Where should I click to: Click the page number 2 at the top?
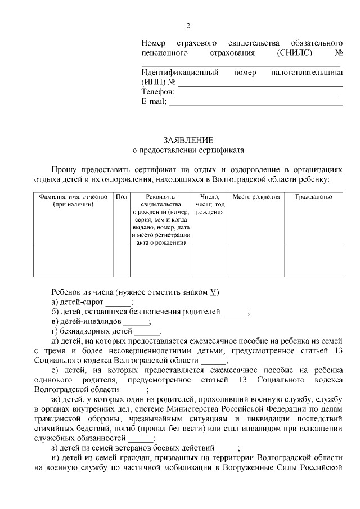coord(188,26)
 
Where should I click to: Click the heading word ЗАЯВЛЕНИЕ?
coord(188,139)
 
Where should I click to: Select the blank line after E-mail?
coord(255,103)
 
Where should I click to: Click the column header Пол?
coord(121,197)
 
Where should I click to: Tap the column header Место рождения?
coord(256,197)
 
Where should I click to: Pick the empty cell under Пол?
coord(121,262)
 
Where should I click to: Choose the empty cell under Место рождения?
coord(256,262)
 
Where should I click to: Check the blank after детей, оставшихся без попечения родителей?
coord(235,313)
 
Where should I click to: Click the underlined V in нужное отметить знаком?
coord(213,292)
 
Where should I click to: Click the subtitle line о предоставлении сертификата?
coord(188,150)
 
